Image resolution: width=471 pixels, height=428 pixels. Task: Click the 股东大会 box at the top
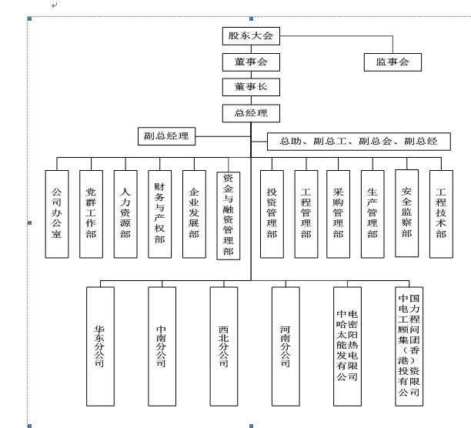pyautogui.click(x=250, y=36)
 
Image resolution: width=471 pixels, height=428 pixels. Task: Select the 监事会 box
pyautogui.click(x=392, y=62)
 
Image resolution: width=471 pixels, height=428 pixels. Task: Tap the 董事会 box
pyautogui.click(x=250, y=62)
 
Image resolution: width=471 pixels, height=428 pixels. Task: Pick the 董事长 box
pyautogui.click(x=250, y=87)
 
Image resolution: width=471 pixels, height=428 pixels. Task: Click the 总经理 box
pyautogui.click(x=250, y=113)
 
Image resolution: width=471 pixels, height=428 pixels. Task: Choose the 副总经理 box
pyautogui.click(x=166, y=137)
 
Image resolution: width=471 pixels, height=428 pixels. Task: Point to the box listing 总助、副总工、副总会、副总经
pyautogui.click(x=358, y=142)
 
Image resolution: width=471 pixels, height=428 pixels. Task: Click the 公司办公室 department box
pyautogui.click(x=56, y=213)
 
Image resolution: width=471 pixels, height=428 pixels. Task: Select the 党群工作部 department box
pyautogui.click(x=91, y=213)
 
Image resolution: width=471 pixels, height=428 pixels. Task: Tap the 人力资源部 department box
pyautogui.click(x=125, y=213)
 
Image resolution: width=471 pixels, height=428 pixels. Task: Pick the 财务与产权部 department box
pyautogui.click(x=159, y=213)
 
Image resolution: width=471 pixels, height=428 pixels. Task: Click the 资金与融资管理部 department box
pyautogui.click(x=228, y=215)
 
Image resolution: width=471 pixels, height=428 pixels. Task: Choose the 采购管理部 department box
pyautogui.click(x=338, y=213)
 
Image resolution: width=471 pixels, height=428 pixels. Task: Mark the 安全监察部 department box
pyautogui.click(x=406, y=212)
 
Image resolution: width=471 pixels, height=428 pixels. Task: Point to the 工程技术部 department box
pyautogui.click(x=441, y=213)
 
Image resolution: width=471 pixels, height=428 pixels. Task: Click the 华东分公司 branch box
pyautogui.click(x=100, y=346)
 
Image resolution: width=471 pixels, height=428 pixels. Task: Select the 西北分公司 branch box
pyautogui.click(x=223, y=346)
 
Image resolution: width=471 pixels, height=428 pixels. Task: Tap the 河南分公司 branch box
pyautogui.click(x=286, y=346)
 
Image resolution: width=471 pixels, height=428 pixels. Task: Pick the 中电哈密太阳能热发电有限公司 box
pyautogui.click(x=347, y=346)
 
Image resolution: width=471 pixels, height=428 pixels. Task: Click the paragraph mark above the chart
pyautogui.click(x=54, y=6)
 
